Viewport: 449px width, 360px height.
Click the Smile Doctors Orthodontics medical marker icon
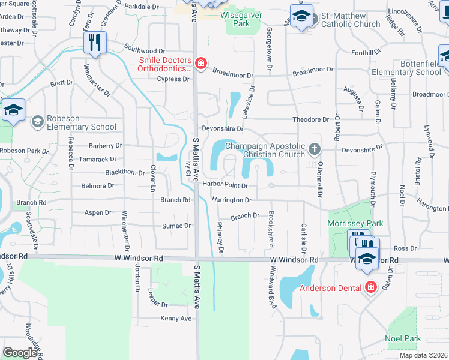[x=200, y=64]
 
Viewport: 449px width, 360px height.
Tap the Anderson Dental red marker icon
[x=370, y=287]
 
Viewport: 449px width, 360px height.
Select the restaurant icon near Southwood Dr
[x=95, y=41]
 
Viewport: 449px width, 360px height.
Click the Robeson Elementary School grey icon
[x=37, y=122]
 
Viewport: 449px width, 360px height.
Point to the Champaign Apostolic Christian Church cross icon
[x=313, y=148]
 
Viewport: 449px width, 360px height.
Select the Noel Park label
[x=403, y=338]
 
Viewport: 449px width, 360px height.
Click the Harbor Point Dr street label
[x=224, y=185]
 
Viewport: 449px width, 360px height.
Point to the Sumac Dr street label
[x=176, y=226]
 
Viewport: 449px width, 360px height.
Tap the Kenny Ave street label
[x=176, y=319]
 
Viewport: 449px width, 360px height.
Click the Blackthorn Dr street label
[x=125, y=173]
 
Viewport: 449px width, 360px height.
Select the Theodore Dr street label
[x=311, y=120]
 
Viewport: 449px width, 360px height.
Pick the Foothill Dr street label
[x=362, y=53]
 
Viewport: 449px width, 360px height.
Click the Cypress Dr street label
[x=173, y=79]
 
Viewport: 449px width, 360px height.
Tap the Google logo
[x=20, y=353]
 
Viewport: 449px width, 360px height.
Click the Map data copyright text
[x=423, y=355]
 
